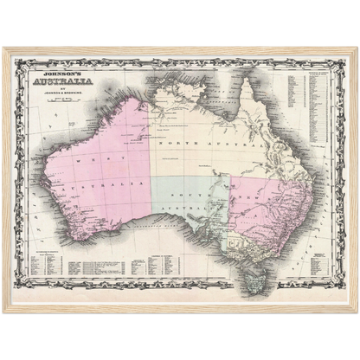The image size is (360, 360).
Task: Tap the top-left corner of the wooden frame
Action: pos(3,48)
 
